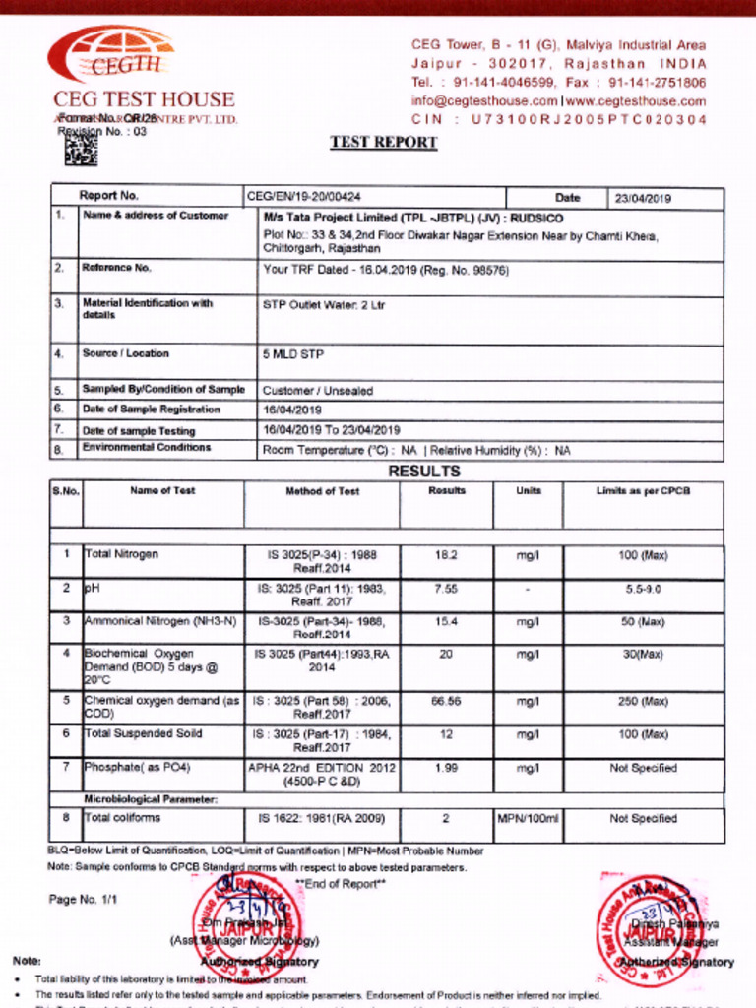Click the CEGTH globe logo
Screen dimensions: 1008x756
click(110, 55)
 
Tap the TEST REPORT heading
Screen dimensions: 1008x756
click(383, 142)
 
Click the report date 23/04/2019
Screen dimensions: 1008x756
click(643, 198)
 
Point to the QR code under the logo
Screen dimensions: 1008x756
click(82, 151)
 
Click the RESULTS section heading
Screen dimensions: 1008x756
click(423, 472)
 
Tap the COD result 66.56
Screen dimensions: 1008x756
click(446, 701)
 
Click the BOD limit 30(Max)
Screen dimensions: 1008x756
click(642, 654)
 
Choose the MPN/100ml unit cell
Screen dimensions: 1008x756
click(528, 818)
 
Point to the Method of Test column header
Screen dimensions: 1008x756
click(322, 490)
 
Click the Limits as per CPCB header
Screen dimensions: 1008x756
click(642, 490)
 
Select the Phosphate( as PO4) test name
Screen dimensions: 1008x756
click(138, 767)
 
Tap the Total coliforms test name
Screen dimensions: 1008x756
click(122, 817)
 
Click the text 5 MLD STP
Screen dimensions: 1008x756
click(292, 353)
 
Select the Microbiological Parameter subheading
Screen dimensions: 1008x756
click(150, 799)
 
